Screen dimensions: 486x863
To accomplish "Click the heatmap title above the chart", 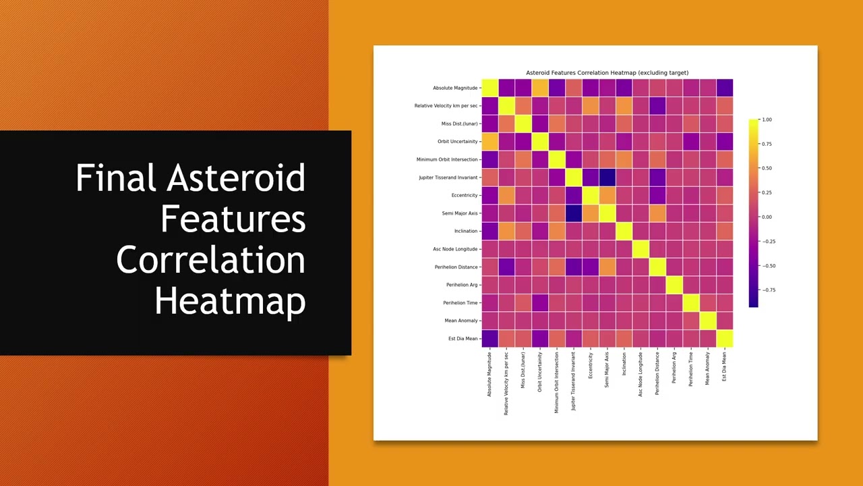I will [x=607, y=73].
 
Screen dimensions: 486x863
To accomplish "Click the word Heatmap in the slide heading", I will [x=230, y=301].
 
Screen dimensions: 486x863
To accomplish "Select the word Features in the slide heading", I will [x=233, y=219].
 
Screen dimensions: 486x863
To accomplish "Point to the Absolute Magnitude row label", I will [x=455, y=88].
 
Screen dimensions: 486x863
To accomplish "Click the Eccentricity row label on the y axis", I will [x=465, y=196].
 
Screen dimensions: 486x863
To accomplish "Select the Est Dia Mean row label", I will [x=463, y=339].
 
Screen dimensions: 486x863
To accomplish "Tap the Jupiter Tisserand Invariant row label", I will [x=448, y=178].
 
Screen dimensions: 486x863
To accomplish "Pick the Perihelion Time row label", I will [x=460, y=303].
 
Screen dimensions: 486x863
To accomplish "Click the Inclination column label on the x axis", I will [x=624, y=364].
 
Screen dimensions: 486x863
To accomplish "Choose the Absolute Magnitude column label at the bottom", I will [x=490, y=374].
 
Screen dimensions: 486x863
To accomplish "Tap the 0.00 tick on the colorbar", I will [x=766, y=217].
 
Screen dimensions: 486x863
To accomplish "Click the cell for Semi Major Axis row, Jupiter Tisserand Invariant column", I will [x=574, y=213].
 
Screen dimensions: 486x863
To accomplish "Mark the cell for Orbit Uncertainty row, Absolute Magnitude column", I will [x=490, y=142].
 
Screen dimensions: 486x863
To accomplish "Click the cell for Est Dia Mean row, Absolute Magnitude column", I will [x=490, y=339].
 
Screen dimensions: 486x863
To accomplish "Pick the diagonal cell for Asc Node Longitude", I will [x=641, y=249].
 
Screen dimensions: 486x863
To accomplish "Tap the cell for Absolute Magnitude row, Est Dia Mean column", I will [x=724, y=88].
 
